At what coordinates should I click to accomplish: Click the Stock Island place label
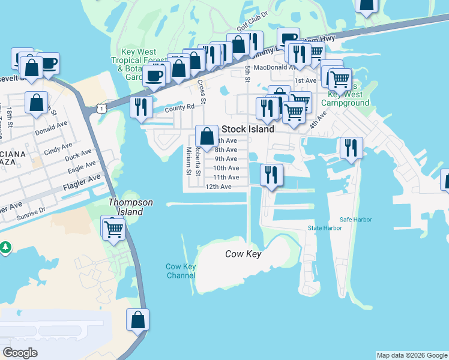click(248, 129)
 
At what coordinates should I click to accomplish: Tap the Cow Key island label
click(243, 254)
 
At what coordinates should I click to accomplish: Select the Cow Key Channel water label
click(181, 271)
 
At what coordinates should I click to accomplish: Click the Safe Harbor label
click(355, 220)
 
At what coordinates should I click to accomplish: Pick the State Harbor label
click(325, 228)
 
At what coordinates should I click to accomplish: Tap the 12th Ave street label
click(218, 187)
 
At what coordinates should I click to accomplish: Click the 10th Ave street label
click(226, 168)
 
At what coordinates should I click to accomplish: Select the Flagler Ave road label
click(82, 183)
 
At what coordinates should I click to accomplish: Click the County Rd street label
click(180, 107)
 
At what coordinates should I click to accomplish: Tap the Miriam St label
click(188, 161)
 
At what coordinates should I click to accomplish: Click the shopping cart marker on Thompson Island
click(113, 228)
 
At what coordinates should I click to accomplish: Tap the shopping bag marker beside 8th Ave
click(206, 136)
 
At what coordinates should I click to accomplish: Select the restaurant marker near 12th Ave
click(272, 175)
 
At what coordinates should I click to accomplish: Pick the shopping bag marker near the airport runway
click(137, 320)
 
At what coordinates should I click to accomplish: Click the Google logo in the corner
click(20, 353)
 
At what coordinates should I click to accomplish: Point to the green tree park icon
click(5, 247)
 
